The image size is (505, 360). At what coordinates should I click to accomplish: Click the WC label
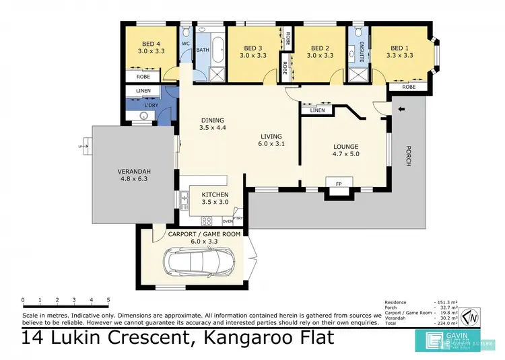click(x=185, y=44)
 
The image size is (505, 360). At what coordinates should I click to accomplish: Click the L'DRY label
click(x=151, y=106)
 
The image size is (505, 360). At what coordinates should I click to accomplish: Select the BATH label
click(x=203, y=50)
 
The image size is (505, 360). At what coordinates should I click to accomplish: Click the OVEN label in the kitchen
click(x=227, y=220)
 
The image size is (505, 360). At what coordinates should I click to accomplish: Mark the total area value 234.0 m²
click(x=444, y=324)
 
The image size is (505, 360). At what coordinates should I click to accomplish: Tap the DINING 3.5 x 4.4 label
click(x=212, y=125)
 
